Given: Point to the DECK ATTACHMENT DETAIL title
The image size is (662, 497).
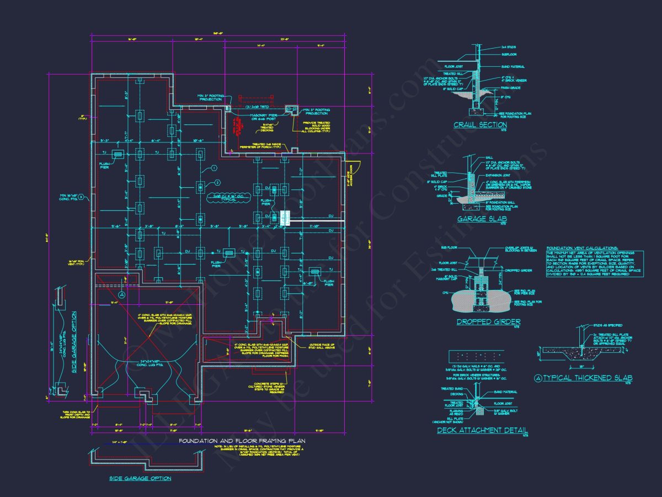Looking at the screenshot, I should (x=482, y=430).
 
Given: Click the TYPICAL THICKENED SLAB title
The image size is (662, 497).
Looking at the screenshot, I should (x=583, y=378).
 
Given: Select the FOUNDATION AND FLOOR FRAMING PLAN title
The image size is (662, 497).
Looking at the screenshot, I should (x=242, y=441).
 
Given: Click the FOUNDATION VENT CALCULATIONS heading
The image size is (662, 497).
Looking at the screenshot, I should (x=582, y=248).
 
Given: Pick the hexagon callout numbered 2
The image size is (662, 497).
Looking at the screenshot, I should (x=217, y=183).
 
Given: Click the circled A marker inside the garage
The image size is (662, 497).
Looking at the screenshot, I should (x=122, y=295).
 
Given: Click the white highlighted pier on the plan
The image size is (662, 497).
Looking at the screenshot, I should (x=285, y=218).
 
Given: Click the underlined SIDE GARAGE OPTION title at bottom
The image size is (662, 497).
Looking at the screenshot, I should (x=140, y=478).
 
